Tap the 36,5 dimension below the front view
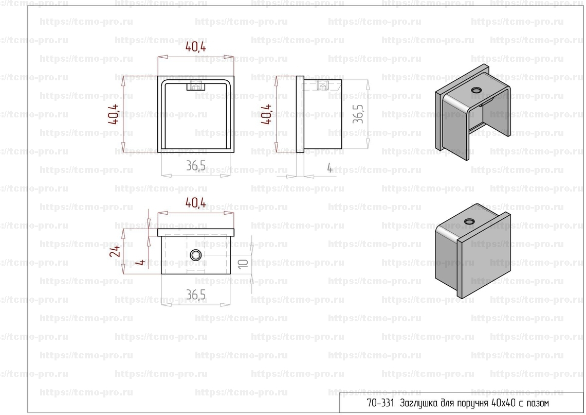195,165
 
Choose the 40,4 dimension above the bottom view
195,204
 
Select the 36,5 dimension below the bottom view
195,295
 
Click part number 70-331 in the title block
380,403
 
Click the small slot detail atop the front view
195,86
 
